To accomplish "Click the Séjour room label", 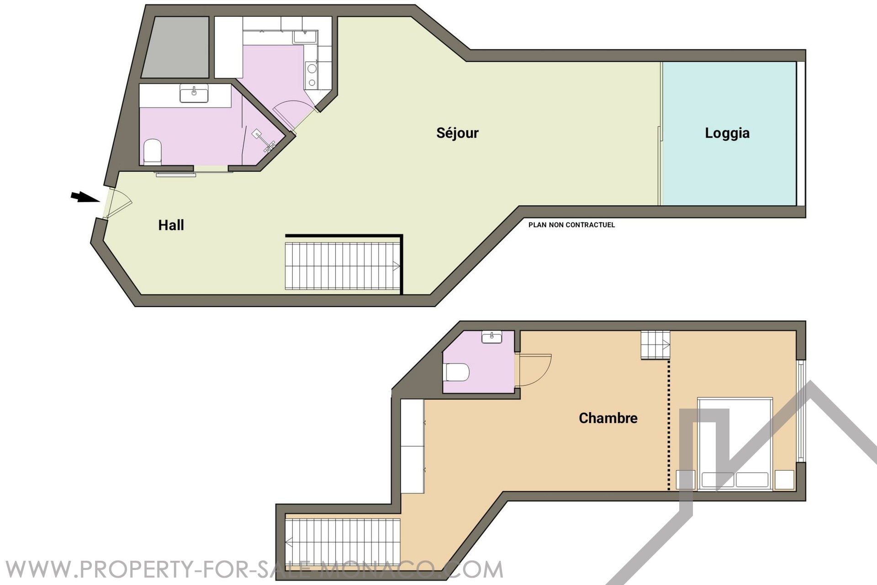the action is [x=457, y=133].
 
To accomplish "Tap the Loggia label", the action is [x=727, y=133].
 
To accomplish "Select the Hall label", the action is [x=171, y=225].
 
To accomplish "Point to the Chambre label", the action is [x=608, y=418].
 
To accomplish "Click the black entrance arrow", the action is [x=85, y=197].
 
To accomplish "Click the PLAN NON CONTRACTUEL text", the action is [x=571, y=225].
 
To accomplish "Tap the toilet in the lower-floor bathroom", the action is [x=153, y=152].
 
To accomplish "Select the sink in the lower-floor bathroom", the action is [x=194, y=93].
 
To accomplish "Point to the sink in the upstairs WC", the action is [x=491, y=337].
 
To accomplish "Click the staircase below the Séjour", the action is [x=343, y=266].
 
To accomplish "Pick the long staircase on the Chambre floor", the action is [x=343, y=542].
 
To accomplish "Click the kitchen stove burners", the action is [x=312, y=75].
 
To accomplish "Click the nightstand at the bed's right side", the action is [x=785, y=480].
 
